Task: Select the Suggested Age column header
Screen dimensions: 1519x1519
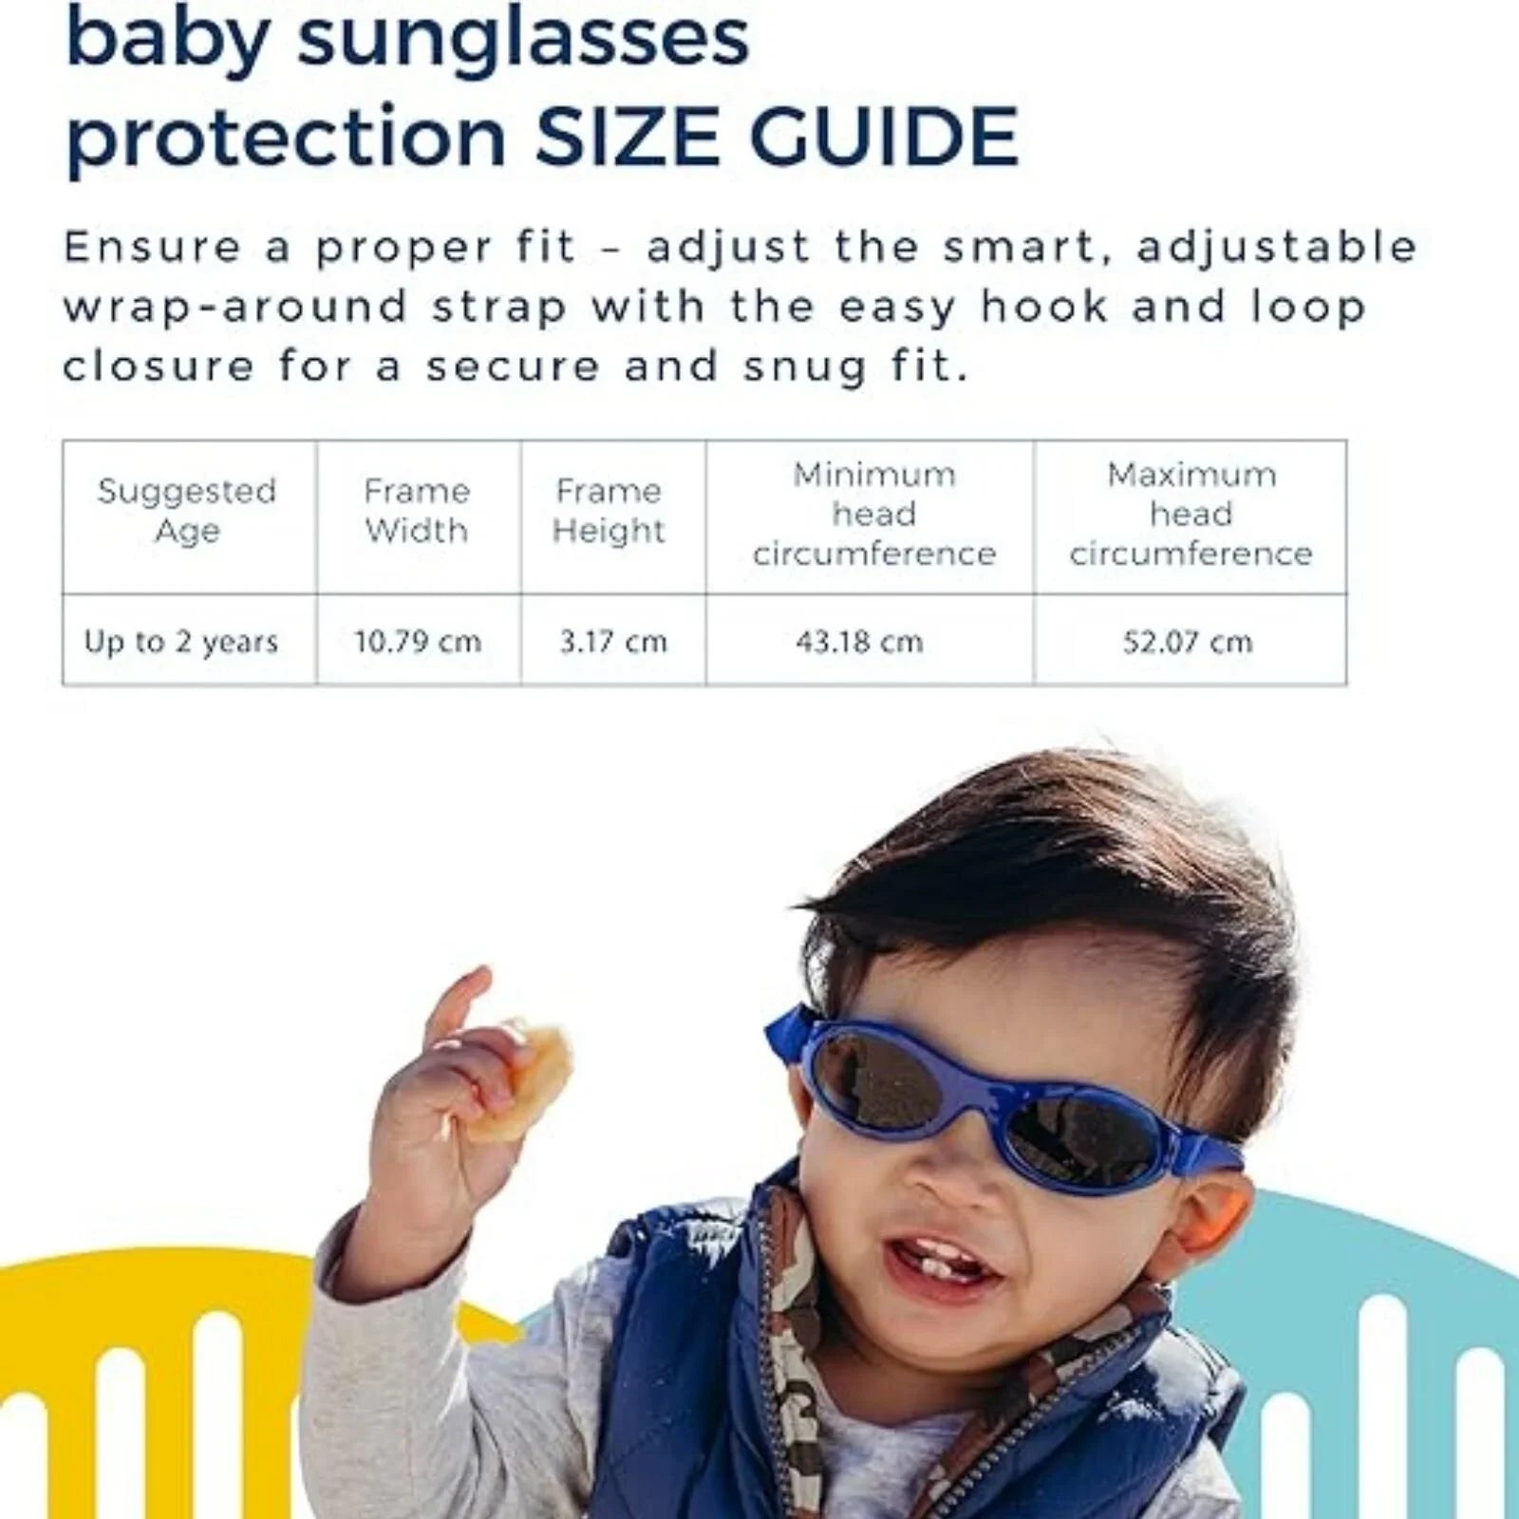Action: tap(187, 511)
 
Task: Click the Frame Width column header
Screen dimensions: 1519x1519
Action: tap(417, 511)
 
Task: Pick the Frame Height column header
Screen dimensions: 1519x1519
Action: tap(609, 511)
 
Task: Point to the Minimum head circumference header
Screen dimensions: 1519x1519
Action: tap(874, 514)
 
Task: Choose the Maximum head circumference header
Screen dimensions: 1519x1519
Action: tap(1191, 514)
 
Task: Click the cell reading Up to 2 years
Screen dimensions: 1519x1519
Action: tap(181, 642)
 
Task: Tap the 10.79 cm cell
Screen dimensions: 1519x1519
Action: tap(418, 642)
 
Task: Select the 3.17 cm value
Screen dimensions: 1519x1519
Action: tap(613, 642)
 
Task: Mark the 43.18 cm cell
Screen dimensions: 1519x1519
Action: tap(859, 642)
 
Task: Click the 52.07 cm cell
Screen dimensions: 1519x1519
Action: tap(1188, 642)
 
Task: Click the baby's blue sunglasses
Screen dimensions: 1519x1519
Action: tap(997, 1092)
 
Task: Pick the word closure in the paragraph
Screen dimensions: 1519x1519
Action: tap(159, 366)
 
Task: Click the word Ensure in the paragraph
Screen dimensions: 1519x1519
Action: tap(152, 247)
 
